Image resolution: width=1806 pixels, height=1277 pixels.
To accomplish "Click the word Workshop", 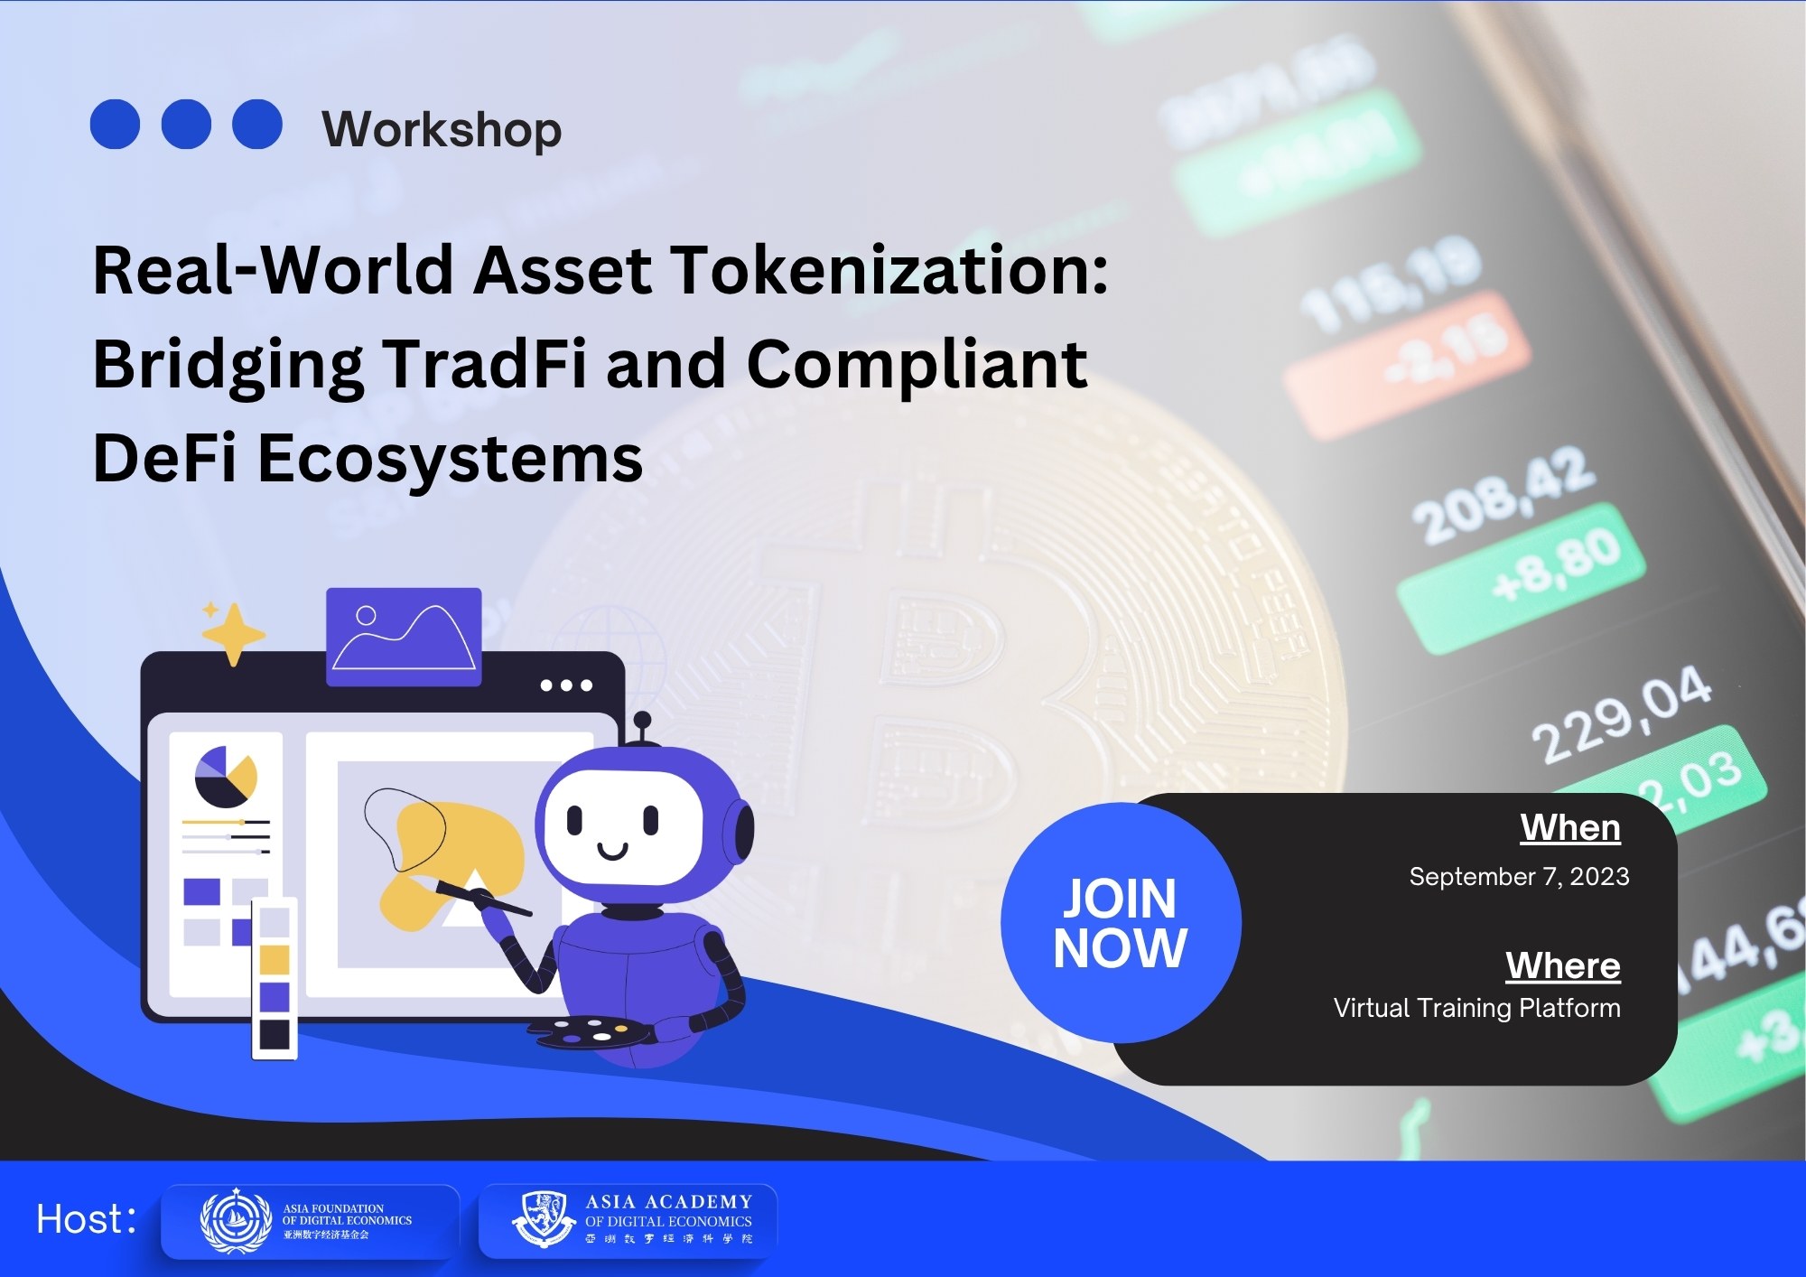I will coord(442,129).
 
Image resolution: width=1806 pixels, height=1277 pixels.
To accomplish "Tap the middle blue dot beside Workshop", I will coord(186,124).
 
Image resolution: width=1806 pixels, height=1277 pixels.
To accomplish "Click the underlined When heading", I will coord(1569,827).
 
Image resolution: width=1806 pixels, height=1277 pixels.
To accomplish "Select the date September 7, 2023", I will coord(1519,876).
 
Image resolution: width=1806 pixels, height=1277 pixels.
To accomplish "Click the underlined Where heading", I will coord(1562,965).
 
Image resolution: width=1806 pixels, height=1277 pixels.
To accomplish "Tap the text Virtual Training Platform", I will coord(1476,1008).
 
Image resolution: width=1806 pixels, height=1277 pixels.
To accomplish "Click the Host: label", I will coord(86,1219).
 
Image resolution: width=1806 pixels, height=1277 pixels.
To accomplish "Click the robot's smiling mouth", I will coord(612,851).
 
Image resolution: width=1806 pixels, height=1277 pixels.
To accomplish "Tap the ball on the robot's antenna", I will coord(642,720).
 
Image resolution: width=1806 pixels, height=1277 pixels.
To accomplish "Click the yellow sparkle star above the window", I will coord(233,633).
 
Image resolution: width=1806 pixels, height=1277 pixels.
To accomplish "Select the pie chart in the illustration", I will coord(225,777).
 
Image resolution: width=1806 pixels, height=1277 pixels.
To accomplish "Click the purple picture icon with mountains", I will coord(404,636).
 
